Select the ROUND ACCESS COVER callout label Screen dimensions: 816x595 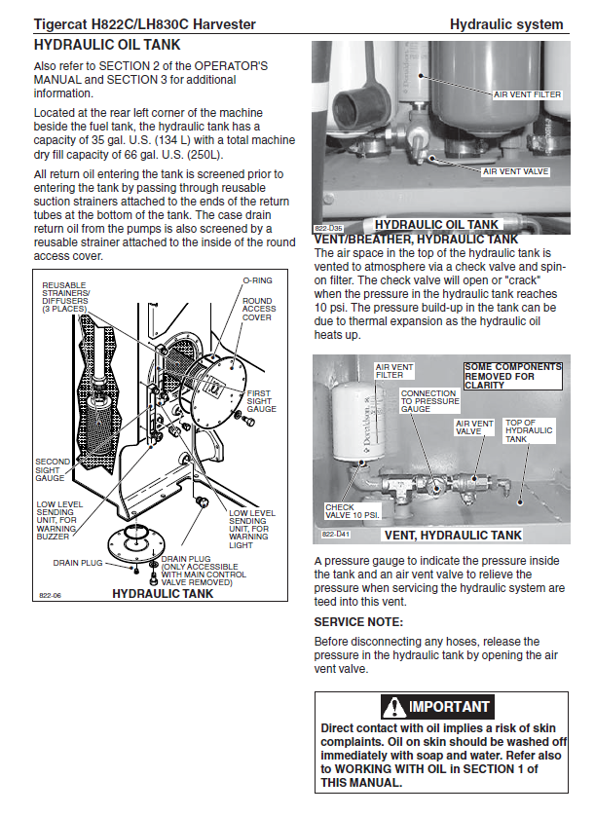258,309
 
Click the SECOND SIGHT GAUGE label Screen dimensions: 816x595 52,469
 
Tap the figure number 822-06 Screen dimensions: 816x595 51,594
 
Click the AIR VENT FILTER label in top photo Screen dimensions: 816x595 527,94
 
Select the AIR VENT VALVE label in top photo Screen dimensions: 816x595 516,171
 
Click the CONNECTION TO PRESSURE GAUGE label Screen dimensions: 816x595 429,401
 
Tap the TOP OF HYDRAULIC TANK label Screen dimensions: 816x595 529,431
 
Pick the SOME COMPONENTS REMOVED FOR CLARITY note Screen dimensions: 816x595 512,376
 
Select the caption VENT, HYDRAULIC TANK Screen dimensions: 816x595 453,535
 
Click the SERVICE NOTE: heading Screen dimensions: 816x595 358,621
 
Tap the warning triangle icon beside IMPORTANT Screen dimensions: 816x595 394,706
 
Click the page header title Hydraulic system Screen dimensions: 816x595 506,24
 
